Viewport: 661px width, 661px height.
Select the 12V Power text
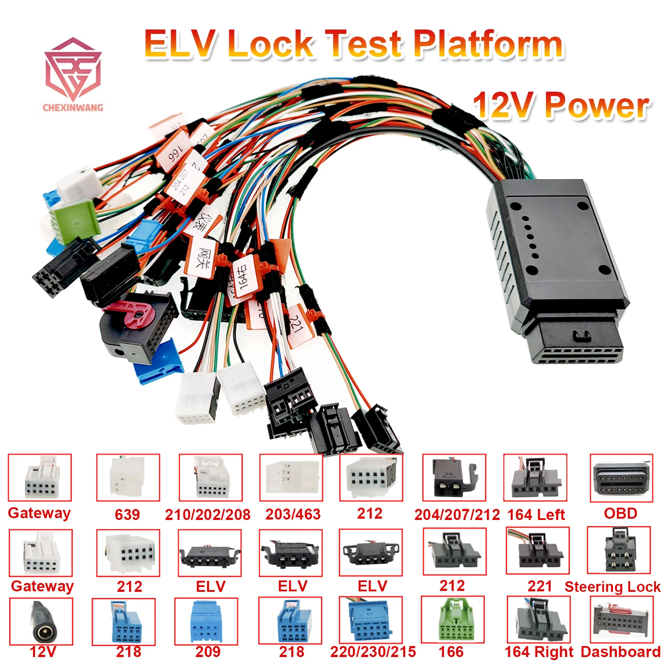coord(561,106)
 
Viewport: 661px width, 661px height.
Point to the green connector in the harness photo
coord(73,220)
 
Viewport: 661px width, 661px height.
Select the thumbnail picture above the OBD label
coord(621,478)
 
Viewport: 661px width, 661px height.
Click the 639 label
coord(127,514)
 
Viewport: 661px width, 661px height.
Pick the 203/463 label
coord(293,514)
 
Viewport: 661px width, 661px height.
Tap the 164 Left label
coord(536,514)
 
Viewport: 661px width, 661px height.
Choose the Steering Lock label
coord(613,587)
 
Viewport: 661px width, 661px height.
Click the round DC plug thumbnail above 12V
coord(41,621)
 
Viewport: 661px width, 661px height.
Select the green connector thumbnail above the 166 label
coord(453,620)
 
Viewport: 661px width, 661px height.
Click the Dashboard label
coord(620,651)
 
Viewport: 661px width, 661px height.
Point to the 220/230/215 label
coord(373,651)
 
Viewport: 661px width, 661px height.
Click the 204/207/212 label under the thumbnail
coord(457,514)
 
